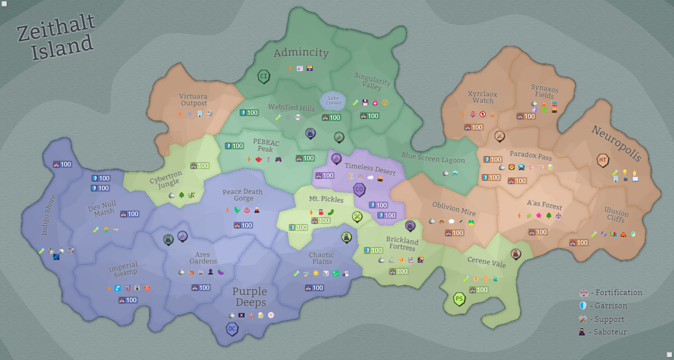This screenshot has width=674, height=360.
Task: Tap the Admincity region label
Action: (301, 52)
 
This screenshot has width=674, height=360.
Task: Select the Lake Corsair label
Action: (334, 100)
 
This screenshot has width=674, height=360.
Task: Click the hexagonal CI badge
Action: (263, 76)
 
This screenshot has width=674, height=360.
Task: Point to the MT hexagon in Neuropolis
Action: (602, 160)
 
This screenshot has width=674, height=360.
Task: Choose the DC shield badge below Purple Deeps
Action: (232, 329)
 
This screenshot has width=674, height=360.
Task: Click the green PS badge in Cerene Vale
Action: (459, 299)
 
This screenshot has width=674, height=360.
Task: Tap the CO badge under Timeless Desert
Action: (359, 189)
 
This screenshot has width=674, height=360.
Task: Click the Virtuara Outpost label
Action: (193, 100)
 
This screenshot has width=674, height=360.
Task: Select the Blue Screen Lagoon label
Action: (433, 157)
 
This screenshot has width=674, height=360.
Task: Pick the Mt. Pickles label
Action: (326, 199)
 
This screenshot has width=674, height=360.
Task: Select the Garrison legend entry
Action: (605, 306)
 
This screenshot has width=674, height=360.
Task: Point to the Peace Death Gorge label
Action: (243, 195)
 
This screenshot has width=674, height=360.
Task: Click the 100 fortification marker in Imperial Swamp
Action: (128, 300)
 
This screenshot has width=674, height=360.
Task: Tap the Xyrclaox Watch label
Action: (482, 97)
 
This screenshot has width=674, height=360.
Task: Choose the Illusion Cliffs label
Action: (616, 214)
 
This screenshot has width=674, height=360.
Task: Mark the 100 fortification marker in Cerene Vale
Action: (479, 290)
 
